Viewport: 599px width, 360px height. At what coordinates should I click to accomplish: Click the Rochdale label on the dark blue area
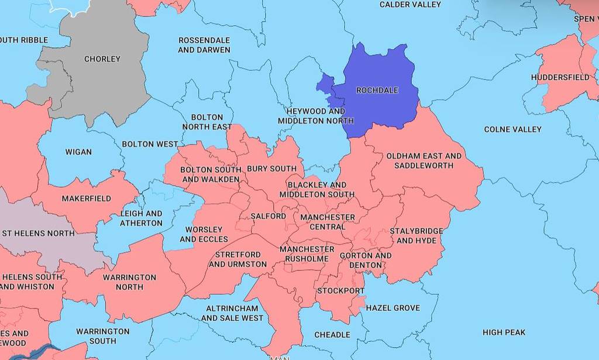click(x=377, y=90)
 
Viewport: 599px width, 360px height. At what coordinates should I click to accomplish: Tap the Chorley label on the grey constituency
click(x=102, y=59)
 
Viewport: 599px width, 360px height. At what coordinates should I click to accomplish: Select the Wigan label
click(x=78, y=152)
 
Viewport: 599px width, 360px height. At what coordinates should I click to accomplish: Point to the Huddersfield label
click(x=560, y=77)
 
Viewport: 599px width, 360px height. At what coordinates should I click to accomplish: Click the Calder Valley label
click(x=410, y=5)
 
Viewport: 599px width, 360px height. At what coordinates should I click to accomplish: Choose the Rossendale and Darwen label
click(x=204, y=45)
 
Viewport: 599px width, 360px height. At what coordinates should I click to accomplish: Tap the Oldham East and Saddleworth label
click(x=424, y=160)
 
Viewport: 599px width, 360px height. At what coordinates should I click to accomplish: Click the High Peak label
click(x=504, y=332)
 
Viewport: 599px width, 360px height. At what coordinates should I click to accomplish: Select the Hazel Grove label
click(x=393, y=307)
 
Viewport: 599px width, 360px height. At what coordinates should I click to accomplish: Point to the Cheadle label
click(x=332, y=335)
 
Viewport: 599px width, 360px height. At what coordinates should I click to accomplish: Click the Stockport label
click(x=340, y=290)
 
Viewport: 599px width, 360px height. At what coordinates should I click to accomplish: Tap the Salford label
click(x=268, y=216)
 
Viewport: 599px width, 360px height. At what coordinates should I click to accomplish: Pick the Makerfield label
click(x=86, y=198)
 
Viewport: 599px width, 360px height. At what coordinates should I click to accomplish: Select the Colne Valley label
click(x=512, y=129)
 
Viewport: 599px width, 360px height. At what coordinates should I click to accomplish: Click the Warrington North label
click(x=129, y=282)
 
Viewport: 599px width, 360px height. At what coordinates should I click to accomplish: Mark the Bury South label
click(x=271, y=169)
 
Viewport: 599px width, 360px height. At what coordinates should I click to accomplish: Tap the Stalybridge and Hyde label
click(x=416, y=235)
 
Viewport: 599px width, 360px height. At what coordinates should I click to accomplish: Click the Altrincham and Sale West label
click(x=232, y=313)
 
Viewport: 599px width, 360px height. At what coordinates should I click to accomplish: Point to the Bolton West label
click(x=150, y=144)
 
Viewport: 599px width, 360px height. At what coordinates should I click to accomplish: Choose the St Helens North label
click(x=39, y=233)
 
